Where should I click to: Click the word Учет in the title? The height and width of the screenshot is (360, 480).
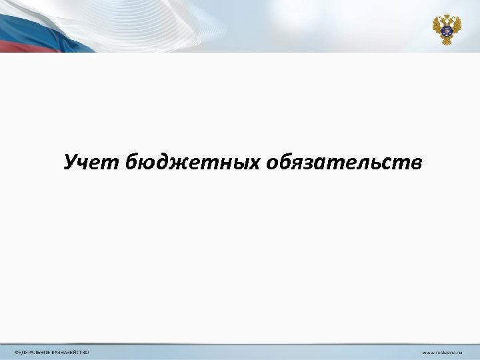[x=92, y=162]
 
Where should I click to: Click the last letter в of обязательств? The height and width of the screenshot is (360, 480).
[x=416, y=163]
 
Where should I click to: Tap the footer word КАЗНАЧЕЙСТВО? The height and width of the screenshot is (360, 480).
[x=71, y=352]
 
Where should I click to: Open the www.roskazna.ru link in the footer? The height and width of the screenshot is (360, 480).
[x=441, y=352]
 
